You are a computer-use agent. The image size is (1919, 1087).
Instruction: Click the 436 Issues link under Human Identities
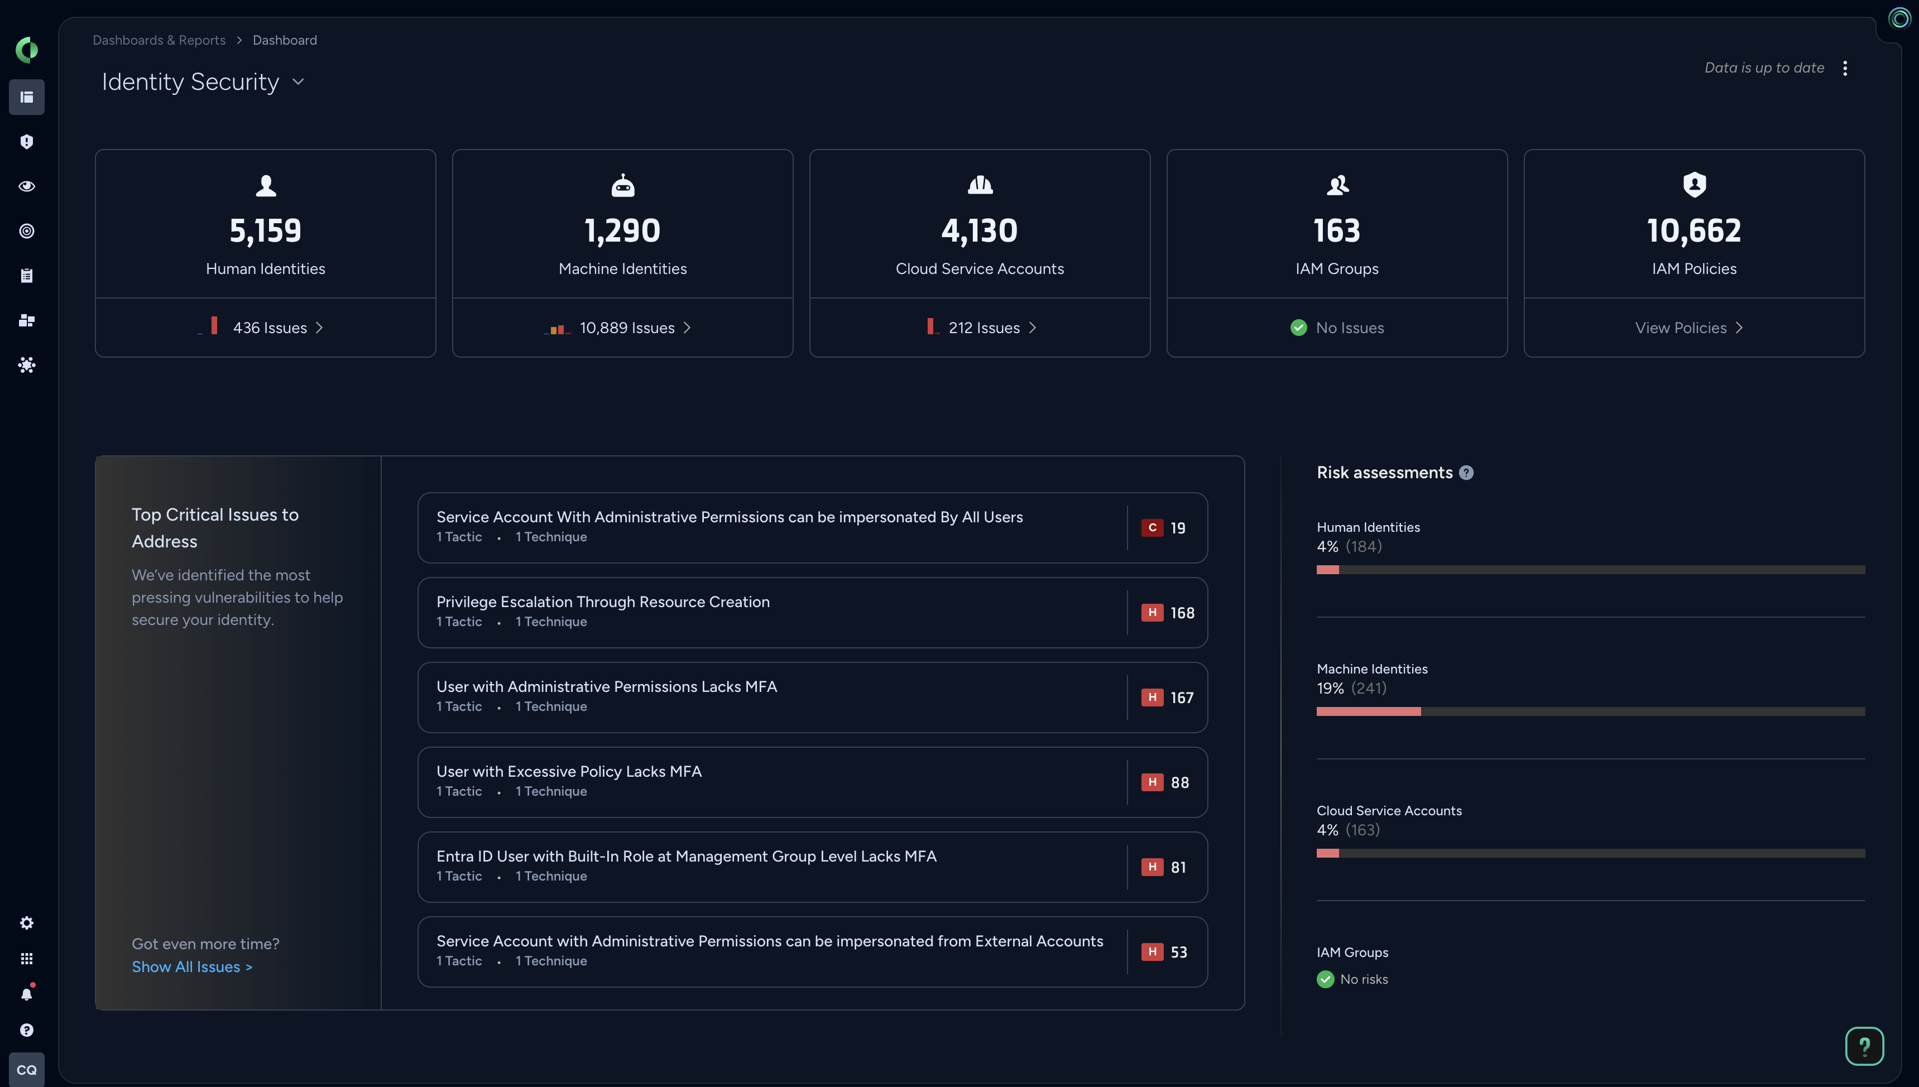[270, 328]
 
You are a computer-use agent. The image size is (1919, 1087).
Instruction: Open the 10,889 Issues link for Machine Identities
[627, 328]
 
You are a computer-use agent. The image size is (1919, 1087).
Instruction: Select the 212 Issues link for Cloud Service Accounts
[984, 328]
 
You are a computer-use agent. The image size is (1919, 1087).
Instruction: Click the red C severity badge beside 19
[1152, 528]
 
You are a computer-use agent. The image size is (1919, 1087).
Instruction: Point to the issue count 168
[1183, 613]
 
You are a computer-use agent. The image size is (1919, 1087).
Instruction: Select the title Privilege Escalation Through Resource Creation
[603, 602]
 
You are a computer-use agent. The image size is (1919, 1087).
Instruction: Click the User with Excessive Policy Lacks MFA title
[569, 771]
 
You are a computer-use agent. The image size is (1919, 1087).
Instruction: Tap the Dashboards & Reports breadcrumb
[159, 40]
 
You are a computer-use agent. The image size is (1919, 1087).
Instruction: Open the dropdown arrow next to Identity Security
[299, 81]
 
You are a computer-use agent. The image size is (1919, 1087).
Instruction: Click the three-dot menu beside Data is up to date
[1845, 68]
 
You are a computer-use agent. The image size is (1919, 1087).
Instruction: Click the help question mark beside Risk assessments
[1466, 473]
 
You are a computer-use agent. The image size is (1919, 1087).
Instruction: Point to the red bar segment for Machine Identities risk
[1368, 711]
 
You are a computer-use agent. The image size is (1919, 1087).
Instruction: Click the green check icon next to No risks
[1325, 979]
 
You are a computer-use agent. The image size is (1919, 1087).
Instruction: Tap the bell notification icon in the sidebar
[27, 994]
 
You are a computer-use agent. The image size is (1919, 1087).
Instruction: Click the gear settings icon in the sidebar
[27, 924]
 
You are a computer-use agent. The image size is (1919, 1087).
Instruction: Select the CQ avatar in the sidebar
[27, 1070]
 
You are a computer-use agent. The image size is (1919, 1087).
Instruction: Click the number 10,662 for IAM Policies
[1693, 230]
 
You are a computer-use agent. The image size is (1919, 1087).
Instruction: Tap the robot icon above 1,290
[623, 185]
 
